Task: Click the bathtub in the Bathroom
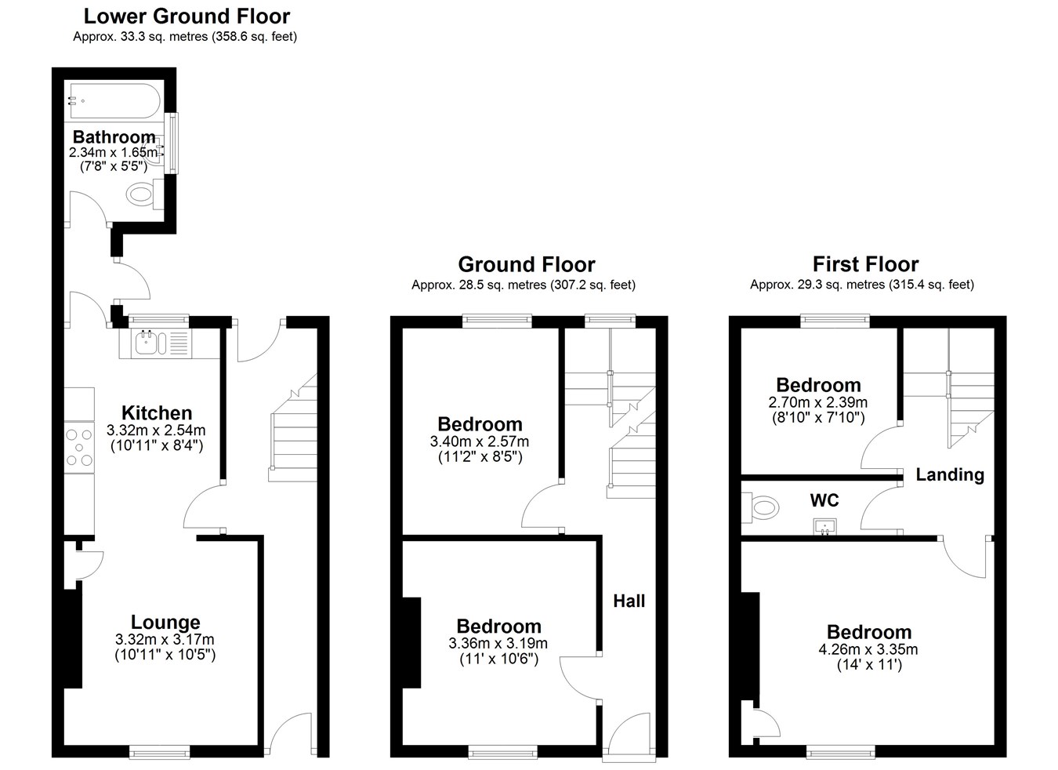pos(115,101)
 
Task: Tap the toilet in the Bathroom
pos(145,194)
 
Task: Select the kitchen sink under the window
pos(155,343)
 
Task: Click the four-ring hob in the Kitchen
pos(79,447)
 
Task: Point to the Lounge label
pos(165,622)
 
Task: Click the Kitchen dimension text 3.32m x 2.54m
pos(156,430)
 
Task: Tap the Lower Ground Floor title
pos(187,16)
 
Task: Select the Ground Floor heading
pos(527,264)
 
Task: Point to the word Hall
pos(629,601)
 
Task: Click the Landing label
pos(950,475)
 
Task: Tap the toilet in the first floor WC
pos(760,508)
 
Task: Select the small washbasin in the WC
pos(824,527)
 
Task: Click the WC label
pos(824,500)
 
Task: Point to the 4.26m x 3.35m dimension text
pos(868,649)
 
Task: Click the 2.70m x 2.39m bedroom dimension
pos(818,402)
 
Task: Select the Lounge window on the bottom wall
pos(160,752)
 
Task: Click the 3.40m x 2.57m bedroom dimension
pos(480,441)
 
